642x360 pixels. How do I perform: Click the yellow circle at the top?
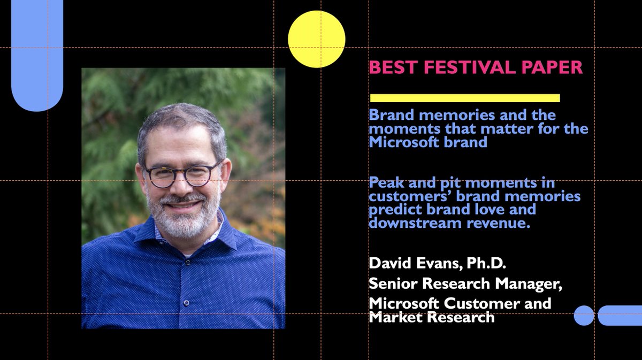(316, 39)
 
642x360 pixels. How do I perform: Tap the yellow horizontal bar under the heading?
(464, 98)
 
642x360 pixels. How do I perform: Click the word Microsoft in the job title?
(400, 303)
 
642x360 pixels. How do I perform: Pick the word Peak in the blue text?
(385, 183)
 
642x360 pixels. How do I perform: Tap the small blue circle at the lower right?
(584, 316)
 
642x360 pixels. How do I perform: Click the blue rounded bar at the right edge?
(620, 316)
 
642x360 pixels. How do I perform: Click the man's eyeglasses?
(182, 175)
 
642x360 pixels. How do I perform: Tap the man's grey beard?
(183, 219)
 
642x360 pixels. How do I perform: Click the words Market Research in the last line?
(431, 317)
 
